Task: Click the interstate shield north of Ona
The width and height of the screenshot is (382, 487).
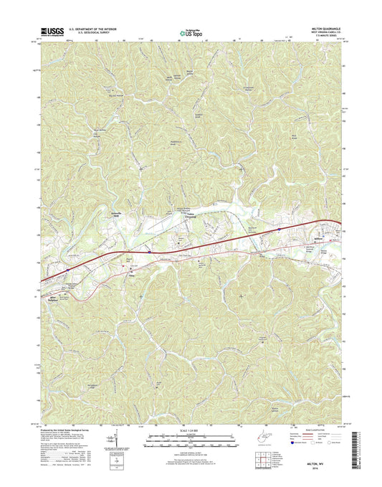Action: tap(148, 252)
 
